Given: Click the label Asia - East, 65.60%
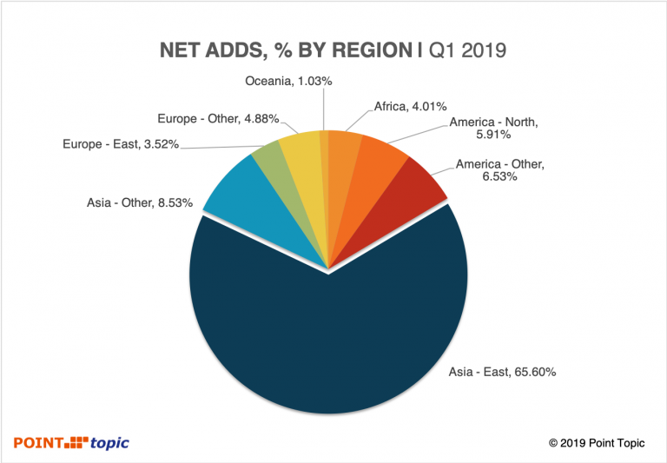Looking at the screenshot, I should [x=502, y=372].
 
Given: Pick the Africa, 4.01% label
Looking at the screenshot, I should [x=410, y=107].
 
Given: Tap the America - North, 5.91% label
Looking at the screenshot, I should [x=492, y=129].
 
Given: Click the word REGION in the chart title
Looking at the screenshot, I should [x=369, y=51].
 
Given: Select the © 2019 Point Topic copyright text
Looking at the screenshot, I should [x=597, y=443].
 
